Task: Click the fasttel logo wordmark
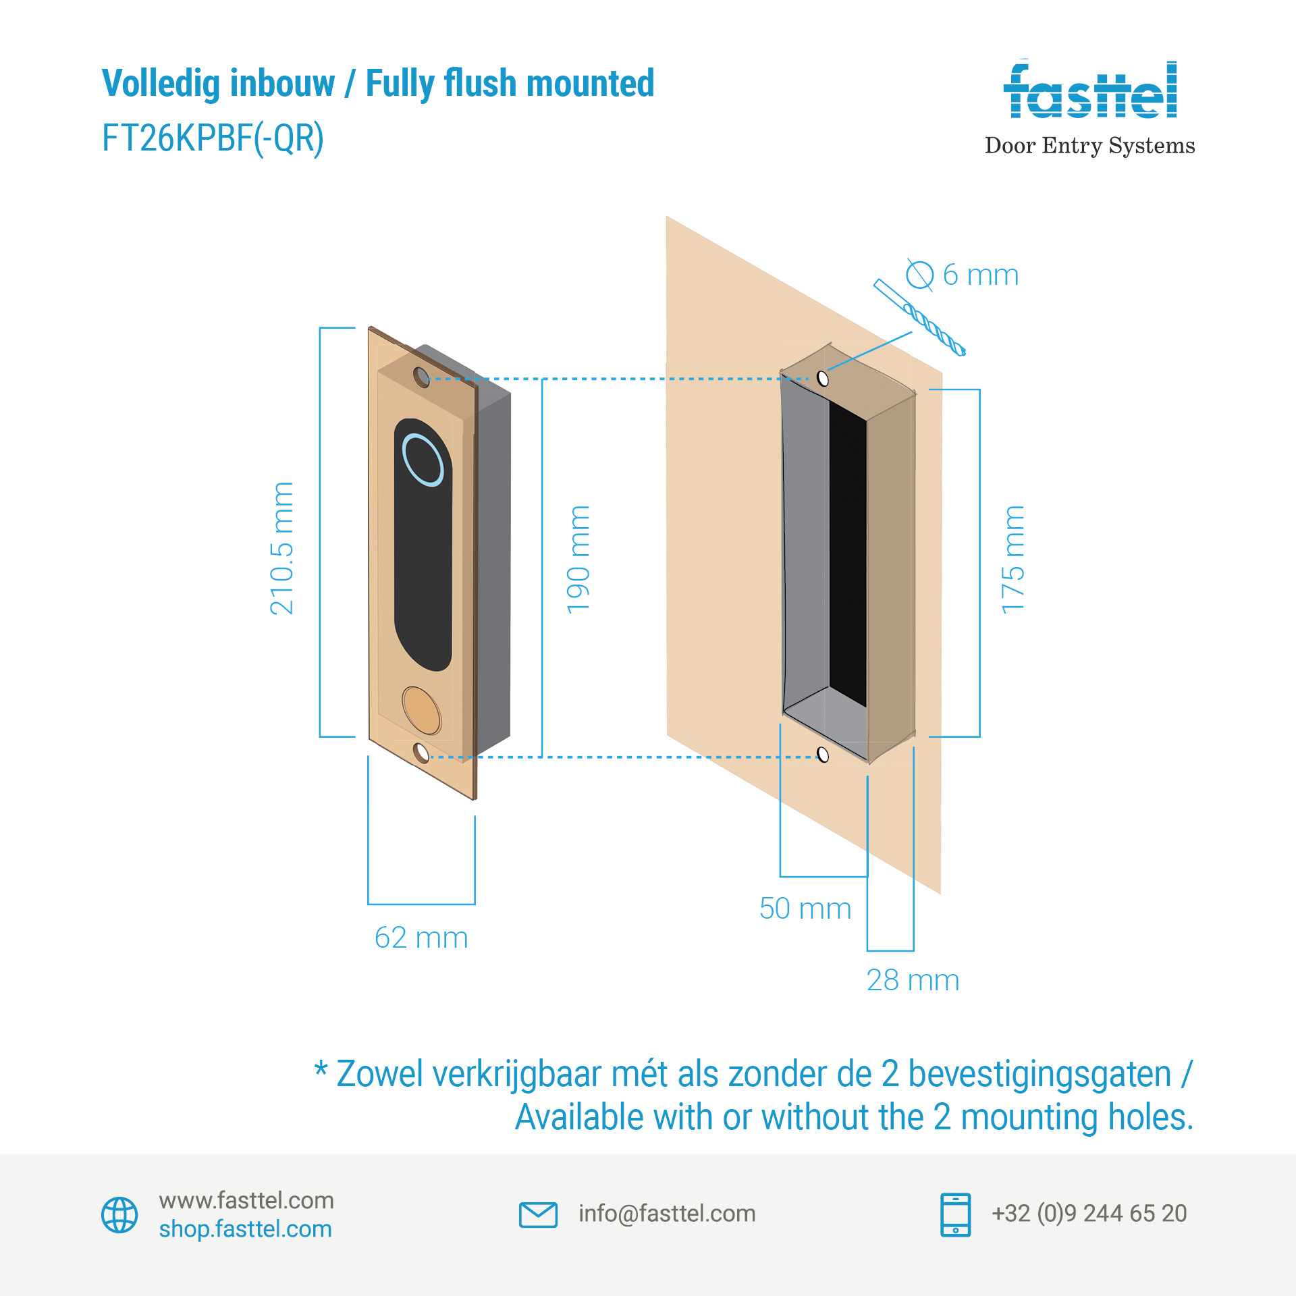[x=1090, y=91]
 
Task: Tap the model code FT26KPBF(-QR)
[x=213, y=138]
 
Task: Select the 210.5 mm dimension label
[x=282, y=548]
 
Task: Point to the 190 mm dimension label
[x=578, y=560]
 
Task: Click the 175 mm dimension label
[x=1013, y=560]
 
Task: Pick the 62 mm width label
[x=421, y=938]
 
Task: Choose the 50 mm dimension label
[x=805, y=909]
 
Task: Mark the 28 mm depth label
[x=913, y=980]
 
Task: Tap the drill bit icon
[x=920, y=317]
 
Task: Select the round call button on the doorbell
[x=421, y=711]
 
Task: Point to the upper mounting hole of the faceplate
[x=421, y=377]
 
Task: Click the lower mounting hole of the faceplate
[x=421, y=753]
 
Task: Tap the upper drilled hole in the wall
[x=822, y=378]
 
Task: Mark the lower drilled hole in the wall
[x=822, y=754]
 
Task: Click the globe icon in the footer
[x=119, y=1215]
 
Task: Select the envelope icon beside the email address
[x=538, y=1214]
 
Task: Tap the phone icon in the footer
[x=955, y=1214]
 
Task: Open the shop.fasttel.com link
[x=246, y=1229]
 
